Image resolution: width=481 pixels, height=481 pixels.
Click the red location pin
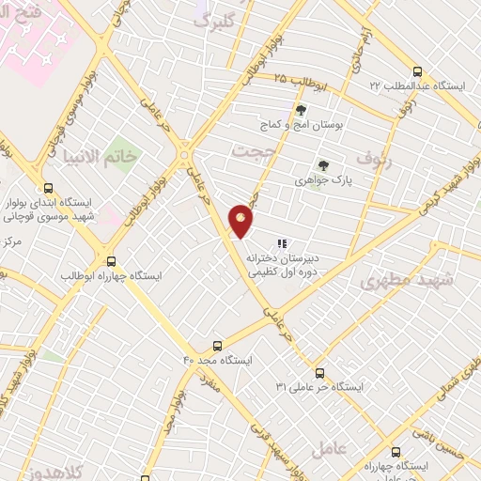(x=241, y=219)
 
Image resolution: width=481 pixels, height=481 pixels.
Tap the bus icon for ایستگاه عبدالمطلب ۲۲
(x=417, y=71)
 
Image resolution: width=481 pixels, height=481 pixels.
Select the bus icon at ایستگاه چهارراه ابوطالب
(x=112, y=262)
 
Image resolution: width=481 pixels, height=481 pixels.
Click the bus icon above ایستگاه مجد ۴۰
(x=218, y=346)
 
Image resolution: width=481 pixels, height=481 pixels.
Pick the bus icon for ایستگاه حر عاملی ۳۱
(x=320, y=373)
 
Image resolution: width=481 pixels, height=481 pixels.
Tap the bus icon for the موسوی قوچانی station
(x=48, y=188)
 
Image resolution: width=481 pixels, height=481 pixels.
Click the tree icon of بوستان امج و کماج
(x=301, y=110)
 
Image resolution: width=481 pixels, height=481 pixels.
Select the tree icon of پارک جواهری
(x=323, y=165)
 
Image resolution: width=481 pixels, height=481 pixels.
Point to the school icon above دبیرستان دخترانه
(x=282, y=243)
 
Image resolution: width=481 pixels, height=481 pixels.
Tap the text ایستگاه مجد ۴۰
(x=218, y=360)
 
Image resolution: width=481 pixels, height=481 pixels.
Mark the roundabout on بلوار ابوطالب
(x=184, y=153)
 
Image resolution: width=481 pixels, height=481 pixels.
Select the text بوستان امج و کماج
(x=300, y=124)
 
